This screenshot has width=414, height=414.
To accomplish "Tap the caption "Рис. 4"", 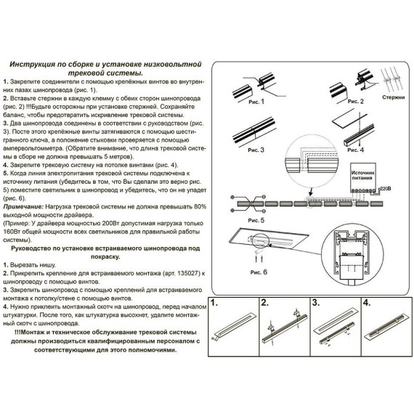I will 356,150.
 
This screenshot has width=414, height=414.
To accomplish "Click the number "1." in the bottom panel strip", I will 214,302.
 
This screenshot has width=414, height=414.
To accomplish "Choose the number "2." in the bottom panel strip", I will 265,302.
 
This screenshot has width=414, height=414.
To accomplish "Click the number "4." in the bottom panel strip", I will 367,302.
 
